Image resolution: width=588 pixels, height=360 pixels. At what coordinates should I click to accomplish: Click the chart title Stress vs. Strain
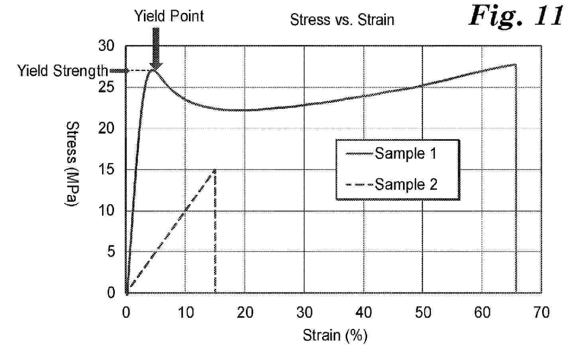(342, 20)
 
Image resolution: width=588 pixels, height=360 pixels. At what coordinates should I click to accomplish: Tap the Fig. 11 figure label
(516, 16)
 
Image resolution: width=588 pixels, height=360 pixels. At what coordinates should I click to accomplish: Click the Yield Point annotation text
(169, 16)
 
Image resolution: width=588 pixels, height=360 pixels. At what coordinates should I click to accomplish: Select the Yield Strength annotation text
(63, 71)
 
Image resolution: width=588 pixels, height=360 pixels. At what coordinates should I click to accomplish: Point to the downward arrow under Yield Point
(156, 49)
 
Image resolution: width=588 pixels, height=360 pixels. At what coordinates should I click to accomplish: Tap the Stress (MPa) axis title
(72, 164)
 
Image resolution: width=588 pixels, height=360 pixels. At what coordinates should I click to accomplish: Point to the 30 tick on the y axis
(106, 46)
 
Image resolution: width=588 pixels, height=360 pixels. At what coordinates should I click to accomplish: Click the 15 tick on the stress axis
(106, 169)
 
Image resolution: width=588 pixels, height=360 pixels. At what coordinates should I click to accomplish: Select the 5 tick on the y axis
(111, 252)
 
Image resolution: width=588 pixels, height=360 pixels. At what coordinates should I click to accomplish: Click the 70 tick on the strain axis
(541, 313)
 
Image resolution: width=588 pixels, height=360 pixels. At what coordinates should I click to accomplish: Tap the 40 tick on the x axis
(364, 313)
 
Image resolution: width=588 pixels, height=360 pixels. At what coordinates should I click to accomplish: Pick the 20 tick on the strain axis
(245, 313)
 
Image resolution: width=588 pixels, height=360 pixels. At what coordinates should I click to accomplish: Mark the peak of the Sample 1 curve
(153, 70)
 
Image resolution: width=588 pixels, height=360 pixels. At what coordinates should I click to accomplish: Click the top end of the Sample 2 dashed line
(215, 170)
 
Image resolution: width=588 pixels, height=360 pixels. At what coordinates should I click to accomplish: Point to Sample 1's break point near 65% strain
(515, 64)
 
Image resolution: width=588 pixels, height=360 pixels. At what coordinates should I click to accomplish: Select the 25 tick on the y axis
(106, 87)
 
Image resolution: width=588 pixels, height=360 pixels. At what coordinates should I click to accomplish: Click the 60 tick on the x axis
(482, 313)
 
